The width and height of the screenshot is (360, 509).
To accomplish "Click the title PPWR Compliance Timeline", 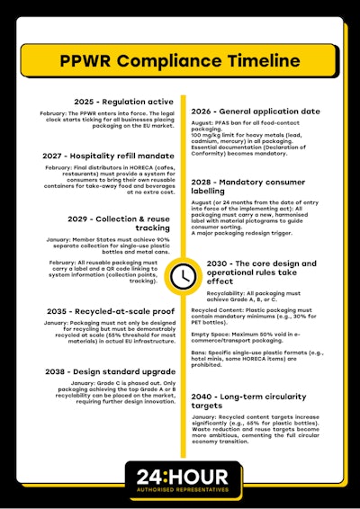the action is (x=180, y=62).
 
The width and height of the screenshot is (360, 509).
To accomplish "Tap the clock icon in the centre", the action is (x=182, y=273).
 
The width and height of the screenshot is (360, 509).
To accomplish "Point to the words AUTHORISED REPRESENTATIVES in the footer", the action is (x=181, y=490).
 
